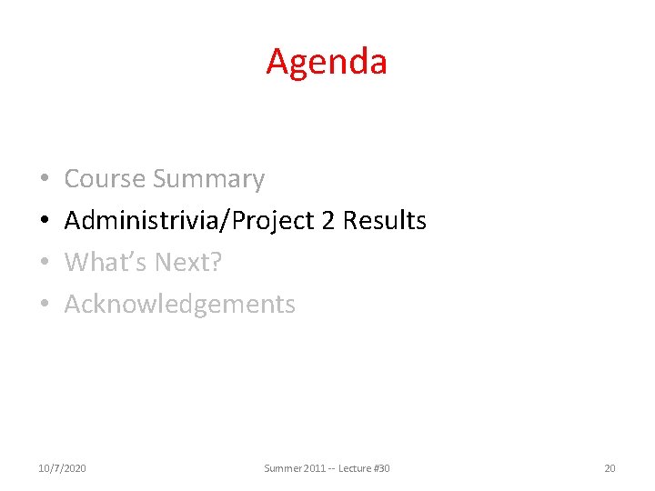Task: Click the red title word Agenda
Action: click(x=327, y=62)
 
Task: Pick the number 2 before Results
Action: click(x=330, y=221)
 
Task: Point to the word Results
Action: click(x=385, y=221)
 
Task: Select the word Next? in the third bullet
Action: click(x=188, y=263)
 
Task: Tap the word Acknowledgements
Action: click(x=180, y=304)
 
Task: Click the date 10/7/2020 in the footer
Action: click(x=63, y=468)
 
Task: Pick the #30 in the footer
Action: click(x=382, y=468)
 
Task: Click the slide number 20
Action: click(x=610, y=468)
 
